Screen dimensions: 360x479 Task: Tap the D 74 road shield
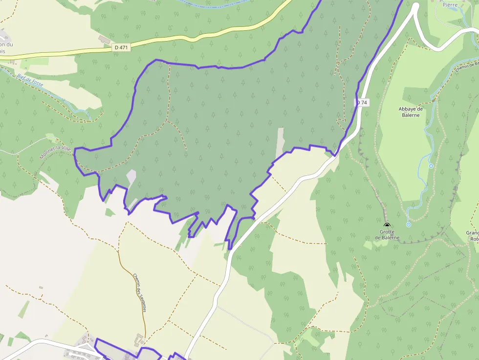click(361, 103)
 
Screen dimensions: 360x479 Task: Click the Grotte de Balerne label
click(387, 235)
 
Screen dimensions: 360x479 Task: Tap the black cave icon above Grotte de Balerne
click(387, 225)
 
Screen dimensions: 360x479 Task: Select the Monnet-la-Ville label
click(55, 151)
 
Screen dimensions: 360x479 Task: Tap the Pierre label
click(450, 5)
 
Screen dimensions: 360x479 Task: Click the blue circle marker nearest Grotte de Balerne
click(409, 225)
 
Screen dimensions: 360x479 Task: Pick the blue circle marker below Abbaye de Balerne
click(431, 166)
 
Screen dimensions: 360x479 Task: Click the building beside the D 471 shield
click(104, 39)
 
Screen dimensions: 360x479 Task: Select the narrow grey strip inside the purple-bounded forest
click(280, 142)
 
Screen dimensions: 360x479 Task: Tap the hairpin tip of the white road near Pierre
click(415, 6)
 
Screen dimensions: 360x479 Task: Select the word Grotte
click(387, 232)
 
